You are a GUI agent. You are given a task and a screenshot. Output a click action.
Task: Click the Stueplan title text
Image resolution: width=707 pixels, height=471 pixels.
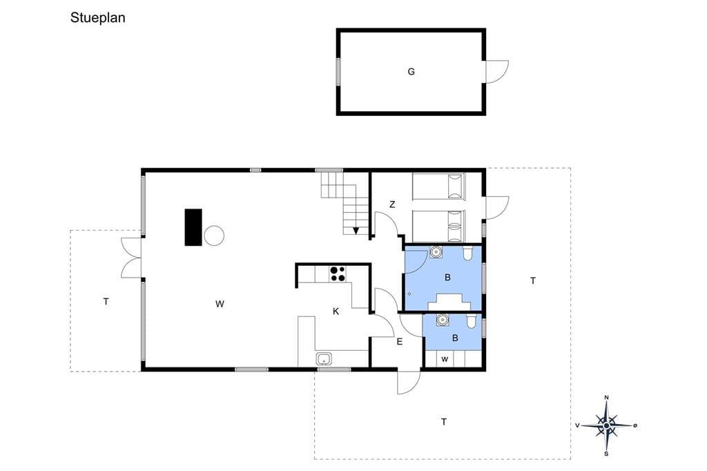point(98,18)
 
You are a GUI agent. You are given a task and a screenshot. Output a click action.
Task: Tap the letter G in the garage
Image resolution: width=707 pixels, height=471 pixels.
point(411,72)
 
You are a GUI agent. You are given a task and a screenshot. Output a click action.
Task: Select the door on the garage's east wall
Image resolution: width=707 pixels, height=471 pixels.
point(496,72)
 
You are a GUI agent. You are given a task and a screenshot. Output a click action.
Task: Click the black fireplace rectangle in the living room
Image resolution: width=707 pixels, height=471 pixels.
point(193,227)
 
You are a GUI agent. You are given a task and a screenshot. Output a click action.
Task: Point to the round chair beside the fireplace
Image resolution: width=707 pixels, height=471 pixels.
point(214,236)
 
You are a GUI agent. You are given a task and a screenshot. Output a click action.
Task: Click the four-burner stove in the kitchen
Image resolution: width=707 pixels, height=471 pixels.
point(338,274)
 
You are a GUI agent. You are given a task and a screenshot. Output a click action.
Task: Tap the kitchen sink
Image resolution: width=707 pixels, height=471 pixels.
point(324,359)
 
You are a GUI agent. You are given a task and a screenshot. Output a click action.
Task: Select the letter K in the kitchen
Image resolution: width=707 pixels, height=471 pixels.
point(336,311)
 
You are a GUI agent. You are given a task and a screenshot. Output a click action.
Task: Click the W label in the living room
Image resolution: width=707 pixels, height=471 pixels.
point(220,304)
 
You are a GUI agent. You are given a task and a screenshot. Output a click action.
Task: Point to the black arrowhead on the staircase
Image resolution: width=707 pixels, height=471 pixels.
point(356,231)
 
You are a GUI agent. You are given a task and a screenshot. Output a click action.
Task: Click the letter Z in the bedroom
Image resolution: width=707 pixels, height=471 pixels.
point(392,204)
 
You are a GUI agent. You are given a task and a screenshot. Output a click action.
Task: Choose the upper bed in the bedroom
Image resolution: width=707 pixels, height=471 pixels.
point(438,186)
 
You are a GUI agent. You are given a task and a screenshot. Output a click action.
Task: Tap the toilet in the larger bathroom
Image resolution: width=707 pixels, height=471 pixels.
point(467,253)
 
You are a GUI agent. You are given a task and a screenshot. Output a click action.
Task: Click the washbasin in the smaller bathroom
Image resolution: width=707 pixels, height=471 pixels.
point(443,320)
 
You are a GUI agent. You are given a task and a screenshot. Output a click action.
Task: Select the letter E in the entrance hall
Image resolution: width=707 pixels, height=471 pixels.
point(400,342)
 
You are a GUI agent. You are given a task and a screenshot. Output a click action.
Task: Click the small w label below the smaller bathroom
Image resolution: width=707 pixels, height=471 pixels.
point(445,360)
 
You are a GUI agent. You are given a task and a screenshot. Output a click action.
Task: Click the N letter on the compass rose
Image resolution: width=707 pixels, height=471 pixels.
point(606,398)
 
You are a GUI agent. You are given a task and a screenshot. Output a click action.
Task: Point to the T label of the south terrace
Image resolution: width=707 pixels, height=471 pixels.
point(444,422)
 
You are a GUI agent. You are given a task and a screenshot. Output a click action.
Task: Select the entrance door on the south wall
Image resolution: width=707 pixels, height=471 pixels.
point(409,382)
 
